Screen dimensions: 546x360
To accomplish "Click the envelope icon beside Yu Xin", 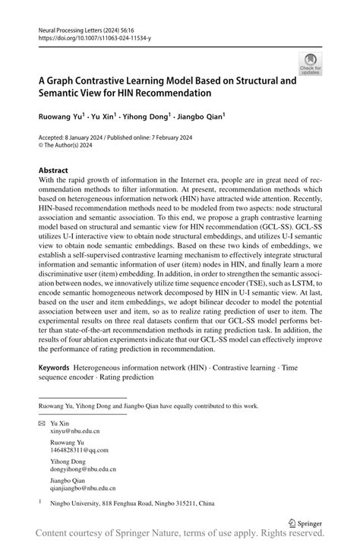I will (x=42, y=421).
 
